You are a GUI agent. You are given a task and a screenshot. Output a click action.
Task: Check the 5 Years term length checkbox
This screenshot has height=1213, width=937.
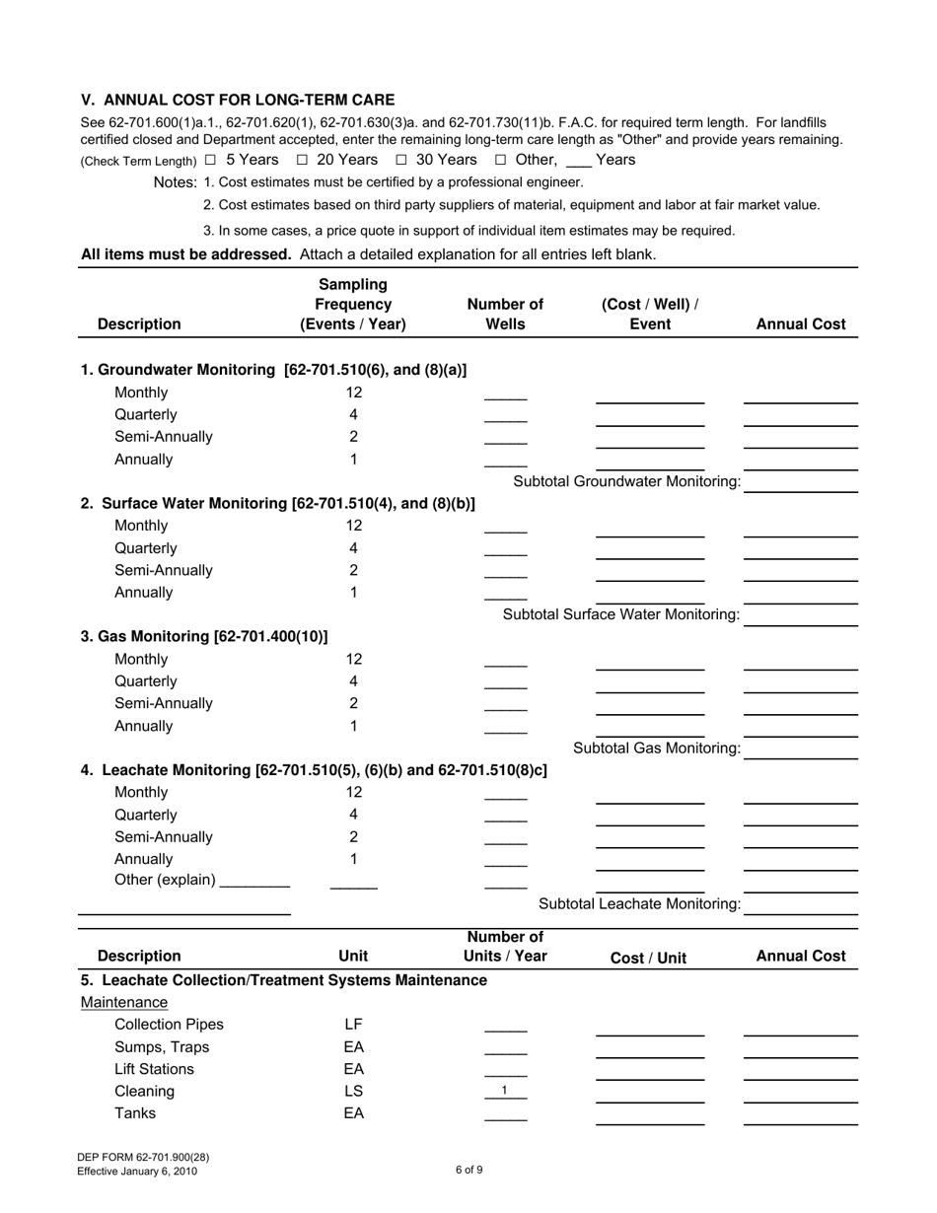(210, 160)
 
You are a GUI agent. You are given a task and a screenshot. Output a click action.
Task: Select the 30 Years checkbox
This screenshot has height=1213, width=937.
(401, 160)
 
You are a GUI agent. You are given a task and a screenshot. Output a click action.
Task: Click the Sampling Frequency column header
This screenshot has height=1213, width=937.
(353, 305)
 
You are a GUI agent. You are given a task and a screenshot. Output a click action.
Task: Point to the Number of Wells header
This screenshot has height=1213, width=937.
(505, 314)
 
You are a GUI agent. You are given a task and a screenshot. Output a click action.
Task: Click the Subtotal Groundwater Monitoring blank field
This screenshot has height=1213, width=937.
(801, 482)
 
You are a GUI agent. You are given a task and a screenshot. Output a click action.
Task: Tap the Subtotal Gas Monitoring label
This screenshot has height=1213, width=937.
(656, 749)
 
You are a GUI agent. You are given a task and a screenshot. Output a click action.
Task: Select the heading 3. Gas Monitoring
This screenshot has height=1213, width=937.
(204, 636)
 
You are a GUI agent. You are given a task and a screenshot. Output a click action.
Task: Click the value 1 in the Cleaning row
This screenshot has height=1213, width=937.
(505, 1091)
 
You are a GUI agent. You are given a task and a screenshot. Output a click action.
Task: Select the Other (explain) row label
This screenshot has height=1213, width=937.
(165, 880)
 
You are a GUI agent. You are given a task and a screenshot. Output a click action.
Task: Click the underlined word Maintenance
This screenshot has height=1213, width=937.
(124, 1003)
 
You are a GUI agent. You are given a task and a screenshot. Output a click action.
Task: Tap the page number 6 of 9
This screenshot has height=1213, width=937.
(468, 1171)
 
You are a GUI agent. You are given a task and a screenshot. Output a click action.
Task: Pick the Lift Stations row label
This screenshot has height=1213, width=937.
(155, 1069)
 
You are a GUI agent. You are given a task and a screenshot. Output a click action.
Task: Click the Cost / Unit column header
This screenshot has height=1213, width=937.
(649, 958)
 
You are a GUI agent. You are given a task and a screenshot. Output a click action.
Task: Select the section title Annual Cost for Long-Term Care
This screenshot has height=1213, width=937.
(238, 100)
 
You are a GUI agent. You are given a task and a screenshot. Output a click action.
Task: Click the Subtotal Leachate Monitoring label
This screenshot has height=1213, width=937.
(639, 904)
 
